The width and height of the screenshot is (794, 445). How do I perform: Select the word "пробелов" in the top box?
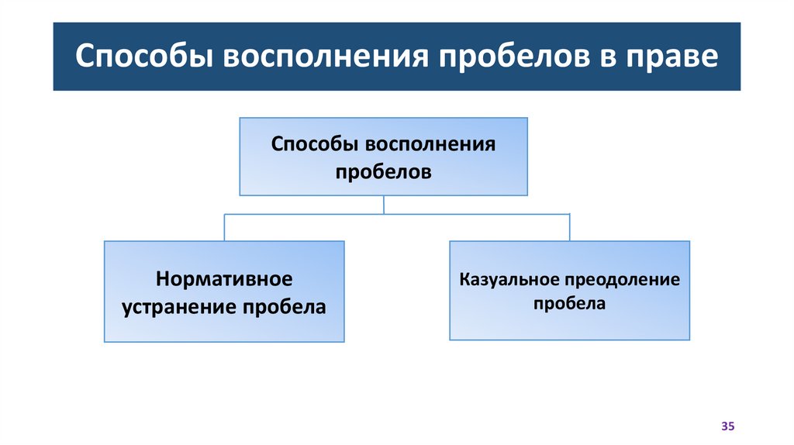click(383, 171)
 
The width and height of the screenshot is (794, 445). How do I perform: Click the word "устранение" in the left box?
click(178, 306)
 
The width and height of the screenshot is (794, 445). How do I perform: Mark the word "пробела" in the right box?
click(568, 304)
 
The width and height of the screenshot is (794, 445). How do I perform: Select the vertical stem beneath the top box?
click(384, 204)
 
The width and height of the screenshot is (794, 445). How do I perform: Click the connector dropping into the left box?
click(224, 226)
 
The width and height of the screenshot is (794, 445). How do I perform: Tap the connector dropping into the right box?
click(569, 226)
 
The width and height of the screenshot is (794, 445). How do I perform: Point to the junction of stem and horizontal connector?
click(384, 213)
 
